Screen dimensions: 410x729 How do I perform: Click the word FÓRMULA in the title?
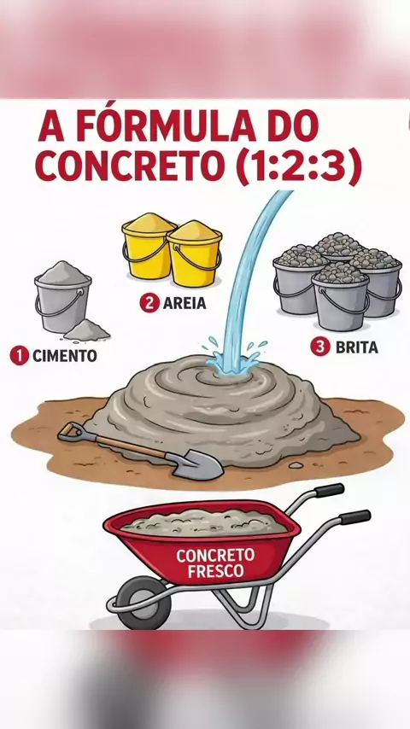(167, 126)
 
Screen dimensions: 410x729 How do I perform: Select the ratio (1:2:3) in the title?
(298, 166)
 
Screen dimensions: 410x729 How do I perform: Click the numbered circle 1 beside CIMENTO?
(19, 356)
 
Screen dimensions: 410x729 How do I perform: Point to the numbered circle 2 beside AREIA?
(149, 303)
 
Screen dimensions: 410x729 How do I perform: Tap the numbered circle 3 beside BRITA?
(320, 347)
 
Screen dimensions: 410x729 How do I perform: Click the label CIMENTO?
(65, 357)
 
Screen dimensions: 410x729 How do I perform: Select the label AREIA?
(184, 303)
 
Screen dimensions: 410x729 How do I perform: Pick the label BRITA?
(357, 347)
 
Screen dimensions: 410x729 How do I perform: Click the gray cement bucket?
(62, 298)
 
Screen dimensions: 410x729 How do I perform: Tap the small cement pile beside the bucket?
(87, 330)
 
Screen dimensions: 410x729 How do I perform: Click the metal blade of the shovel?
(199, 466)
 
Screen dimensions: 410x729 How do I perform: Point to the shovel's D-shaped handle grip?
(70, 432)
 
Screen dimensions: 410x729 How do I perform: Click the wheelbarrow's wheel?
(143, 603)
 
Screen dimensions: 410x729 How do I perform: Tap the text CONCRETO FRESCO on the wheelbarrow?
(215, 563)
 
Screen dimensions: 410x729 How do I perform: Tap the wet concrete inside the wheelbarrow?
(204, 522)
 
